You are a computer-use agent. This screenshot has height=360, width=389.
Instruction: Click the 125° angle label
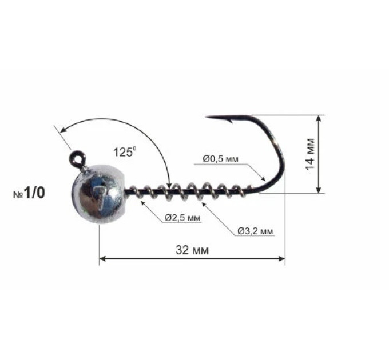tap(125, 151)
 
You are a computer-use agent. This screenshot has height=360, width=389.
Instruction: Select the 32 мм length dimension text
tap(192, 250)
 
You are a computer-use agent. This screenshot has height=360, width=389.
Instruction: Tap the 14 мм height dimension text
tap(310, 154)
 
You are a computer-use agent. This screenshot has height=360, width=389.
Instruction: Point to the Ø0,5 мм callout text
tap(220, 159)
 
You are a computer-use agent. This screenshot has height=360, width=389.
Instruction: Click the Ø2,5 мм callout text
tap(182, 218)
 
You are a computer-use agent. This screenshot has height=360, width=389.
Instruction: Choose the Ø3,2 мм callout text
tap(255, 231)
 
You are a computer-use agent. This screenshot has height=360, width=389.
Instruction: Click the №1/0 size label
tap(29, 193)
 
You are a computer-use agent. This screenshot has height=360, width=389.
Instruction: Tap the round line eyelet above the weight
tap(77, 158)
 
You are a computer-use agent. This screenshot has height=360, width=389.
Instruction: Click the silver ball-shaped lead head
tap(98, 194)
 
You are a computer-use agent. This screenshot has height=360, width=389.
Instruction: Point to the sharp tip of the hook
tap(207, 117)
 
